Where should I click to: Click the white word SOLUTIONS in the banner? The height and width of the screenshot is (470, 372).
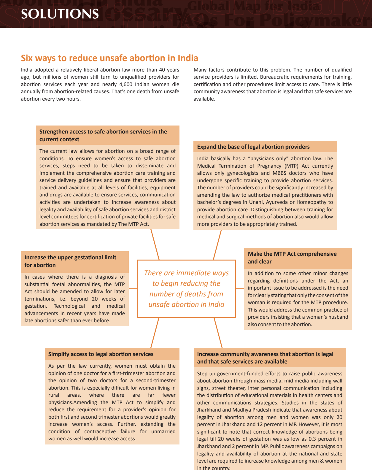(x=60, y=14)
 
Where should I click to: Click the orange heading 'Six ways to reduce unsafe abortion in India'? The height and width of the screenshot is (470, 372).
(x=109, y=58)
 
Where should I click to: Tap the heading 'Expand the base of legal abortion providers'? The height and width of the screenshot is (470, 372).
(x=253, y=147)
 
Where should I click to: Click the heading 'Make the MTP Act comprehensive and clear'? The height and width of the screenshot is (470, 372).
(x=292, y=258)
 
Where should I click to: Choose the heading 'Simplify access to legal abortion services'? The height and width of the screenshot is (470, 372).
(x=101, y=354)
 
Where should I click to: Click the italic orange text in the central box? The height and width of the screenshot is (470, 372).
(x=186, y=289)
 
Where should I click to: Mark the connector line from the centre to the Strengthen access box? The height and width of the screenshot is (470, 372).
(x=155, y=244)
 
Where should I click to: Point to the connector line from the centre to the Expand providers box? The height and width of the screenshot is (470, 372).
(x=217, y=244)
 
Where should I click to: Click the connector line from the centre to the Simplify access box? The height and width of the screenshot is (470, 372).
(x=155, y=333)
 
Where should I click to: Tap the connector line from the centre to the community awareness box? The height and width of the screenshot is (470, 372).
(x=218, y=333)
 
